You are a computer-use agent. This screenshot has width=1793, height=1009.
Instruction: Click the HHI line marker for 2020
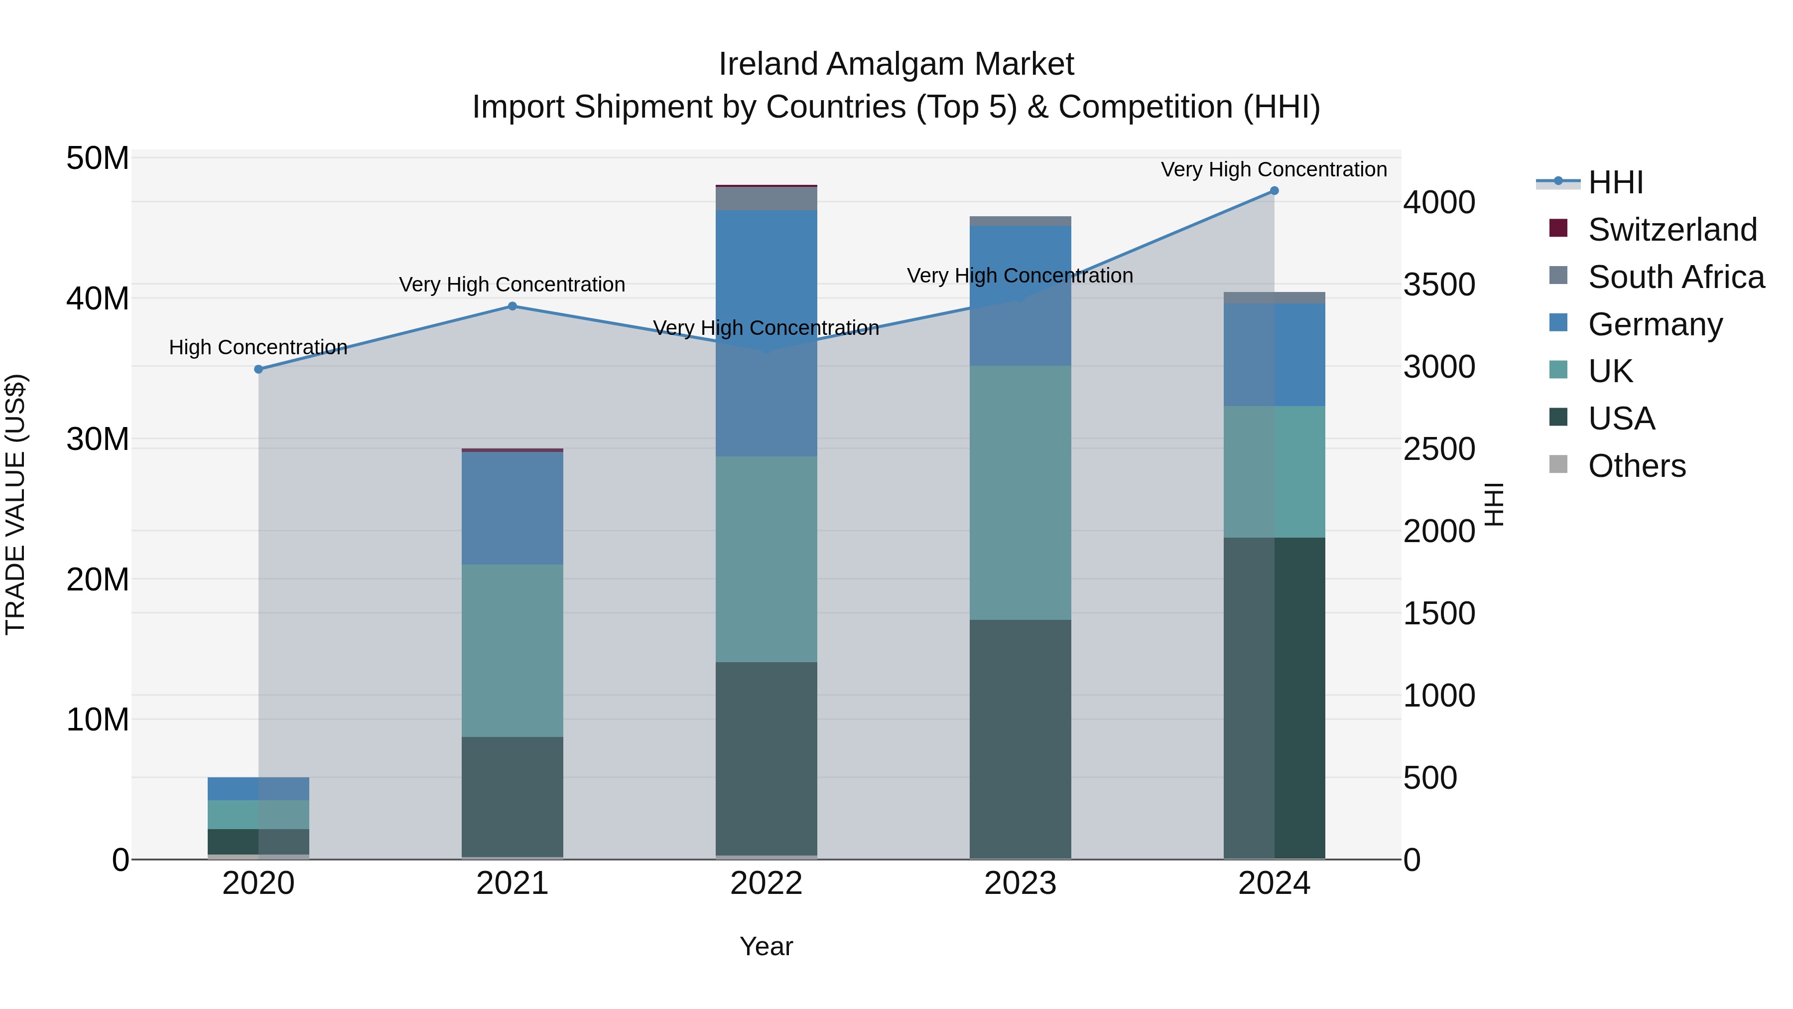pos(258,369)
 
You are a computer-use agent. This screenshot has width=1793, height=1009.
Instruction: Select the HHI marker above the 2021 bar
pos(512,306)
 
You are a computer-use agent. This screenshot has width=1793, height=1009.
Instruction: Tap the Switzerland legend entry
pos(1672,229)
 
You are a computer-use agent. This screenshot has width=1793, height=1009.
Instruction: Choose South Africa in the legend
pos(1675,277)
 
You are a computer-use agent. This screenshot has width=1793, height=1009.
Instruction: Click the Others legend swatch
pos(1558,464)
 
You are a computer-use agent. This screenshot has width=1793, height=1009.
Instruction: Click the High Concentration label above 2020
pos(258,347)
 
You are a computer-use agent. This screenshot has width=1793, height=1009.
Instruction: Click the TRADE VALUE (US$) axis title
pos(16,504)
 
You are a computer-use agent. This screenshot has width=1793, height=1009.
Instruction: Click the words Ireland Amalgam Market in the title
pos(896,64)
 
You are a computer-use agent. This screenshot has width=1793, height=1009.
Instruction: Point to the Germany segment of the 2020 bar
pos(258,788)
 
